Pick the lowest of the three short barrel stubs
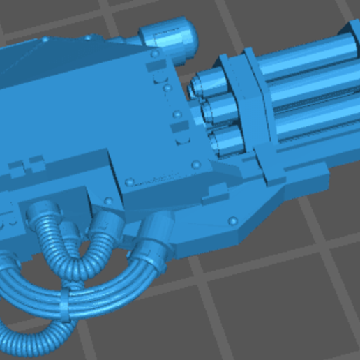coord(225,136)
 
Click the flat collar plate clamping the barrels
coord(251,105)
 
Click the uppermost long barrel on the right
coord(307,59)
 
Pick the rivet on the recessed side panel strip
coord(130,182)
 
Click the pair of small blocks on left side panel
coord(25,166)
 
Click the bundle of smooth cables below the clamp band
coord(35,293)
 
